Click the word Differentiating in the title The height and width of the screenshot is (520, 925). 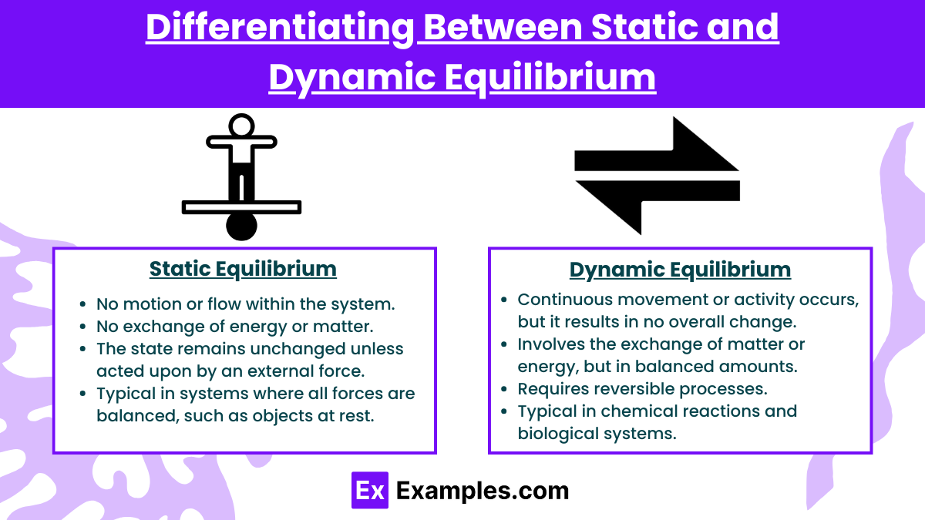tap(276, 28)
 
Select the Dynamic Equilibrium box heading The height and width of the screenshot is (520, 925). tap(680, 269)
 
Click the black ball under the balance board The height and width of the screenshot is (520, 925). tap(241, 225)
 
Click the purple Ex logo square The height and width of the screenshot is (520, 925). tap(370, 490)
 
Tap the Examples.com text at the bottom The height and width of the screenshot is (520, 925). tap(482, 491)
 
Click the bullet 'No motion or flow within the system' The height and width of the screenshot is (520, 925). tap(245, 304)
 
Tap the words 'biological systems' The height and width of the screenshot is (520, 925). tap(597, 433)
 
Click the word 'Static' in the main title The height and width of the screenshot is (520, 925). tap(666, 28)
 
